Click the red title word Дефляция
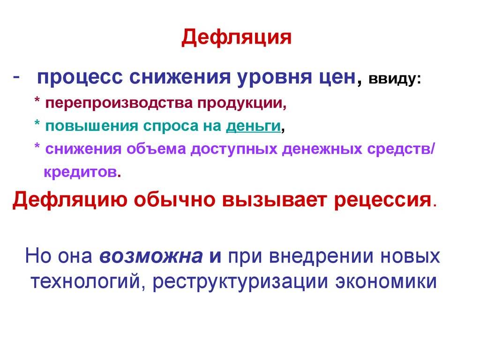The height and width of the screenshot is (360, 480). tap(236, 38)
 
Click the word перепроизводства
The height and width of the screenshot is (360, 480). tap(119, 103)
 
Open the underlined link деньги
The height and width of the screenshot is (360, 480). tap(253, 126)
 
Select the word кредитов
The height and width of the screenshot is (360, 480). tap(81, 172)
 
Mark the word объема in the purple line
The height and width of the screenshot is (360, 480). tap(156, 149)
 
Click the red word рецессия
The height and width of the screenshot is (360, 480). tap(382, 201)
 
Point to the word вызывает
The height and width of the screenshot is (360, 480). tap(275, 200)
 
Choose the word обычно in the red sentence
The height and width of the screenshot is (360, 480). tap(174, 200)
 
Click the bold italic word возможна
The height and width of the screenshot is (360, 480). tap(151, 256)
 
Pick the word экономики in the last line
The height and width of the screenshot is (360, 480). tap(386, 281)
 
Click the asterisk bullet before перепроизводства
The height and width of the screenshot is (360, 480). tap(37, 100)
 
